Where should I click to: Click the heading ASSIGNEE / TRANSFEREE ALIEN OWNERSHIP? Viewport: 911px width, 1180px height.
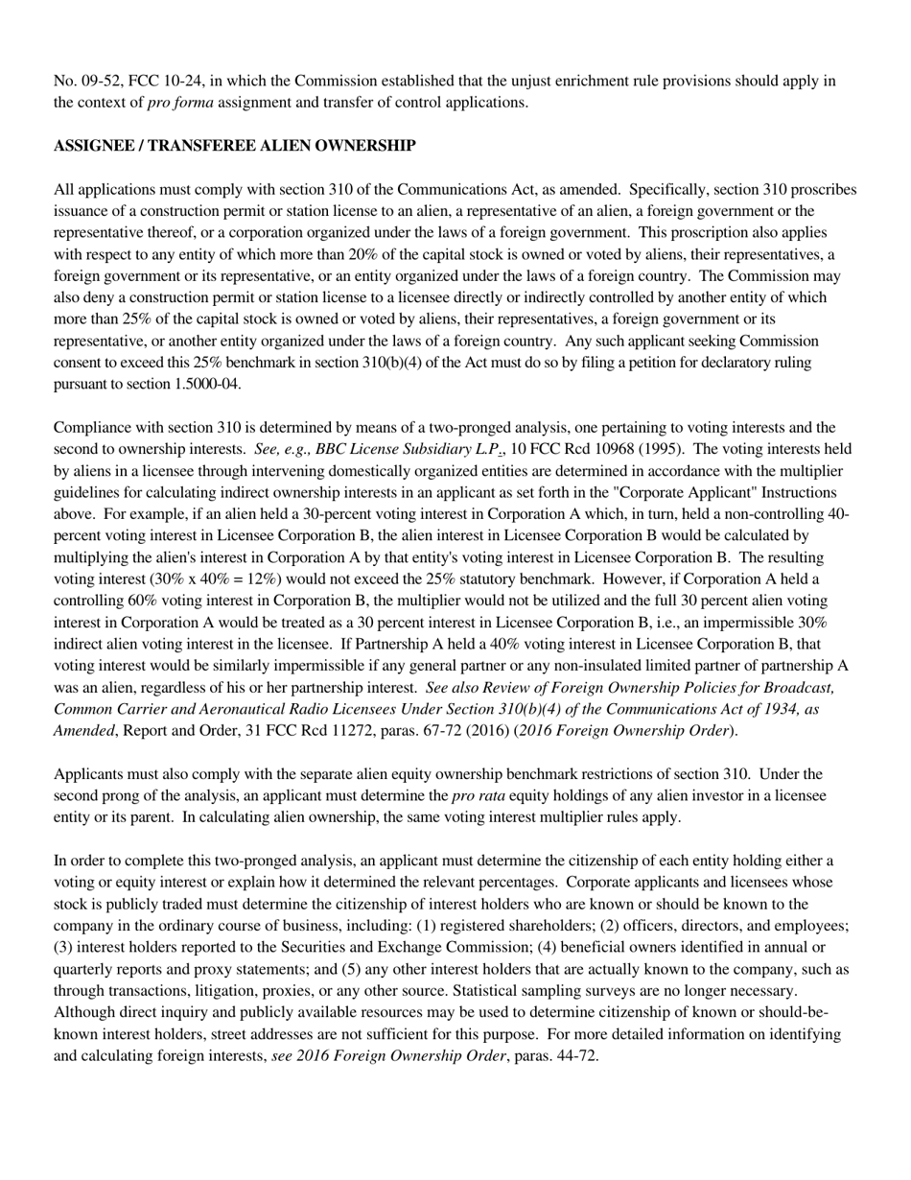pyautogui.click(x=234, y=146)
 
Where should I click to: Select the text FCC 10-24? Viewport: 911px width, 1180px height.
pyautogui.click(x=170, y=81)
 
